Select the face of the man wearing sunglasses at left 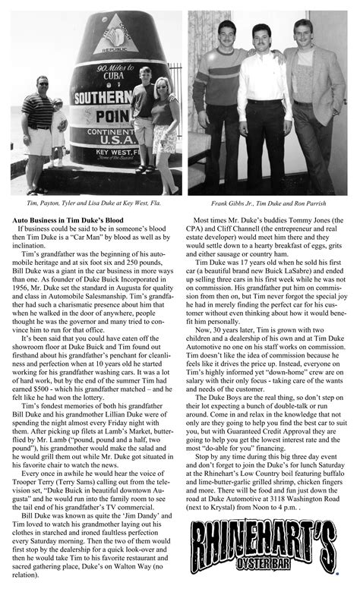(x=40, y=82)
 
